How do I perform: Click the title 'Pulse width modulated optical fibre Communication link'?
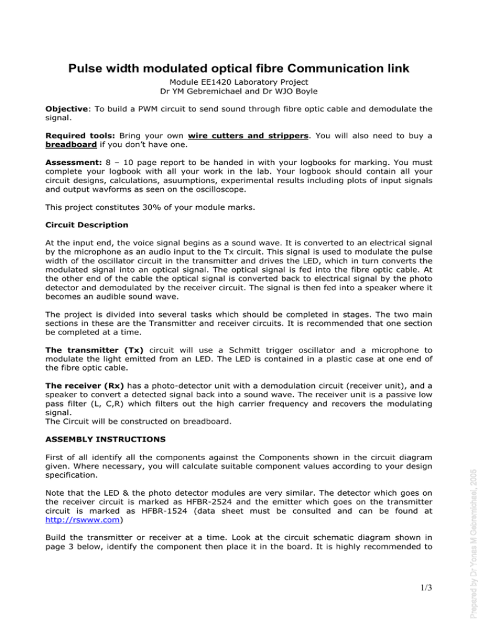coord(238,51)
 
